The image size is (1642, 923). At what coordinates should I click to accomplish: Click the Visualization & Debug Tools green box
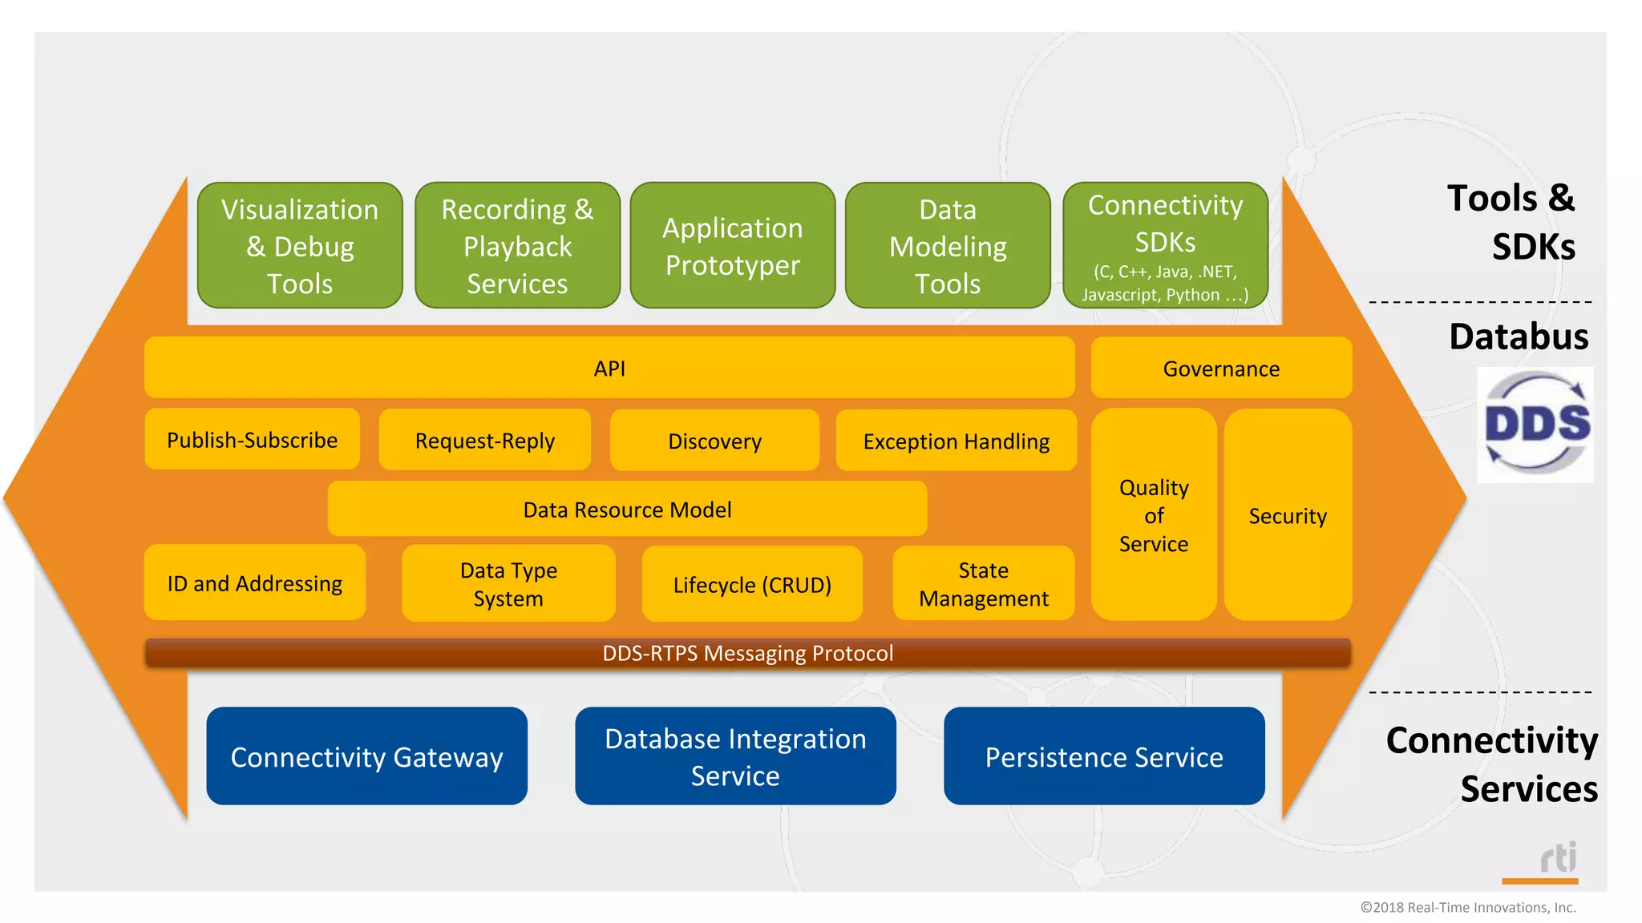[x=300, y=245]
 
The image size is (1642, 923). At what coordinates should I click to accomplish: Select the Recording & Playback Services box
[x=517, y=245]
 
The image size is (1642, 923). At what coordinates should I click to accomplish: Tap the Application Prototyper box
[x=732, y=245]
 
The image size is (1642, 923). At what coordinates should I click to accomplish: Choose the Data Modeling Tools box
[x=948, y=245]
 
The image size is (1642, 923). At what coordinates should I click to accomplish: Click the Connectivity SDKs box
[x=1165, y=245]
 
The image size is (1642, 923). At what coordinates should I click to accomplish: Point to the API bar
[x=609, y=368]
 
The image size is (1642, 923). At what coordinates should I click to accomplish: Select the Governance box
[x=1221, y=368]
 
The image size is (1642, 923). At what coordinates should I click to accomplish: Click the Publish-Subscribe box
[x=252, y=440]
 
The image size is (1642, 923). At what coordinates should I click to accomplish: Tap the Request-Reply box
[x=484, y=440]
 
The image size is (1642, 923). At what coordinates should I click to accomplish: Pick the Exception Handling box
[x=956, y=441]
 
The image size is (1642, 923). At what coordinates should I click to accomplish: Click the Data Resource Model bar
[x=627, y=509]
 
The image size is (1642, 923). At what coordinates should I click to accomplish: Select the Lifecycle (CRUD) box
[x=752, y=584]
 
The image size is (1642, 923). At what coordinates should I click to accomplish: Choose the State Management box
[x=983, y=584]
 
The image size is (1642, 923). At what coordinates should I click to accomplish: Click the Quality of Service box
[x=1154, y=515]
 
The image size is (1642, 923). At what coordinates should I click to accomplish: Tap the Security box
[x=1288, y=515]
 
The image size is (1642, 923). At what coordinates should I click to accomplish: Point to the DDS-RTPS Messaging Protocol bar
[x=747, y=653]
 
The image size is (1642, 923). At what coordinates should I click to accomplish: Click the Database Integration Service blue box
[x=735, y=756]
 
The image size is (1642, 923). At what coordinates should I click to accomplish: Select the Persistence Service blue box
[x=1104, y=756]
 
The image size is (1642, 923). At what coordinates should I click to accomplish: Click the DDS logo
[x=1535, y=425]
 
